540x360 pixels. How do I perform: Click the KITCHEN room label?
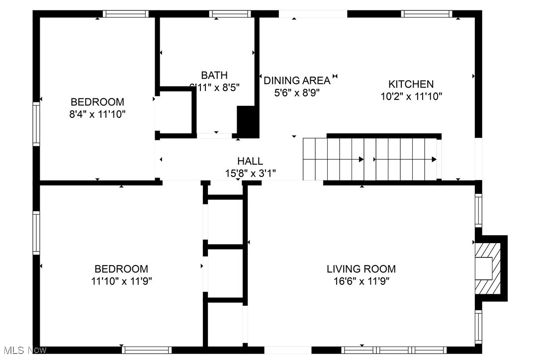(411, 84)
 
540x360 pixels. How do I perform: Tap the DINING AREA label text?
(296, 81)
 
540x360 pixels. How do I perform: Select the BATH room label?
(214, 76)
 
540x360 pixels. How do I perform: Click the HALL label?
(250, 161)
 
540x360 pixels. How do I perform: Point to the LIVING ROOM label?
(361, 269)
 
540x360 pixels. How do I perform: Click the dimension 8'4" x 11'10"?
(97, 114)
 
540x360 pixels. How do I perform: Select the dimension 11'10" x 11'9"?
(121, 281)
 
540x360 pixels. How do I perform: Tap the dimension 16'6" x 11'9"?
(361, 281)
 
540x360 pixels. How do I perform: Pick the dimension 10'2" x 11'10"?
(411, 96)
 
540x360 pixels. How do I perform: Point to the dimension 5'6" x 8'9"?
(296, 92)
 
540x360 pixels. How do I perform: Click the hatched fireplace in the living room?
(485, 269)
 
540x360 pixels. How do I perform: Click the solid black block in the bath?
(248, 121)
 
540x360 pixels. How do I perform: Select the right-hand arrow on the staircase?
(405, 160)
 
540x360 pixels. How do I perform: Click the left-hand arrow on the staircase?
(333, 160)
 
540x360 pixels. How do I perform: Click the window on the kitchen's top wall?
(427, 14)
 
